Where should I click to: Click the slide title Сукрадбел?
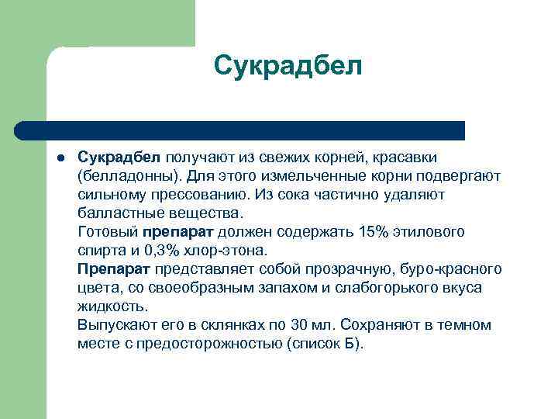(288, 66)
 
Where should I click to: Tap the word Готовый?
(107, 231)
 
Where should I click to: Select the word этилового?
(432, 231)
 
